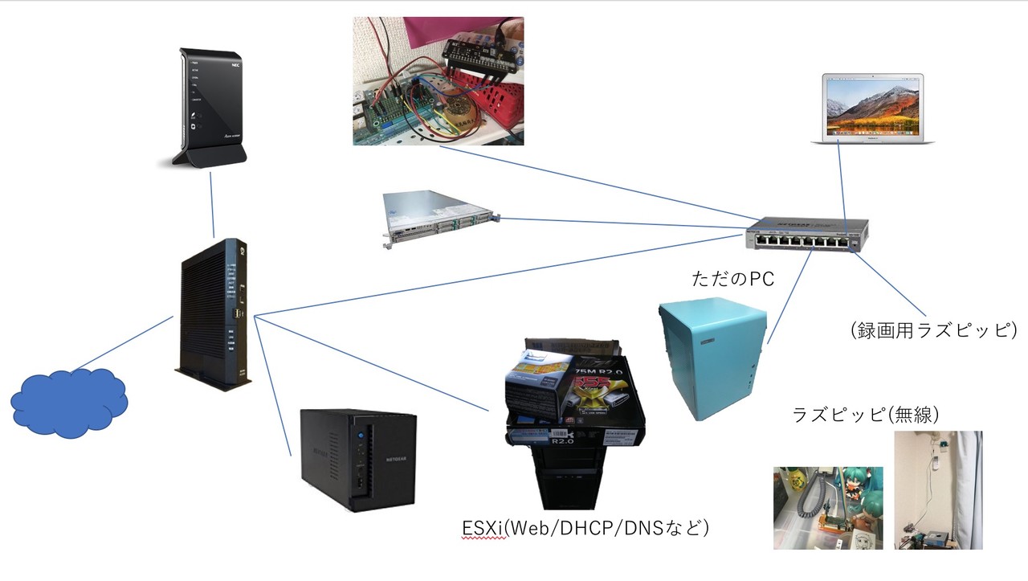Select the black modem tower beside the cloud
click(x=213, y=314)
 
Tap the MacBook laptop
click(x=873, y=109)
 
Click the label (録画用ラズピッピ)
click(x=932, y=329)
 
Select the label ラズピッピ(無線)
click(x=866, y=415)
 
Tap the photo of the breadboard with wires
click(x=438, y=81)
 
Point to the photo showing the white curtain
click(x=938, y=490)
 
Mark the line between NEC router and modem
click(x=212, y=205)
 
